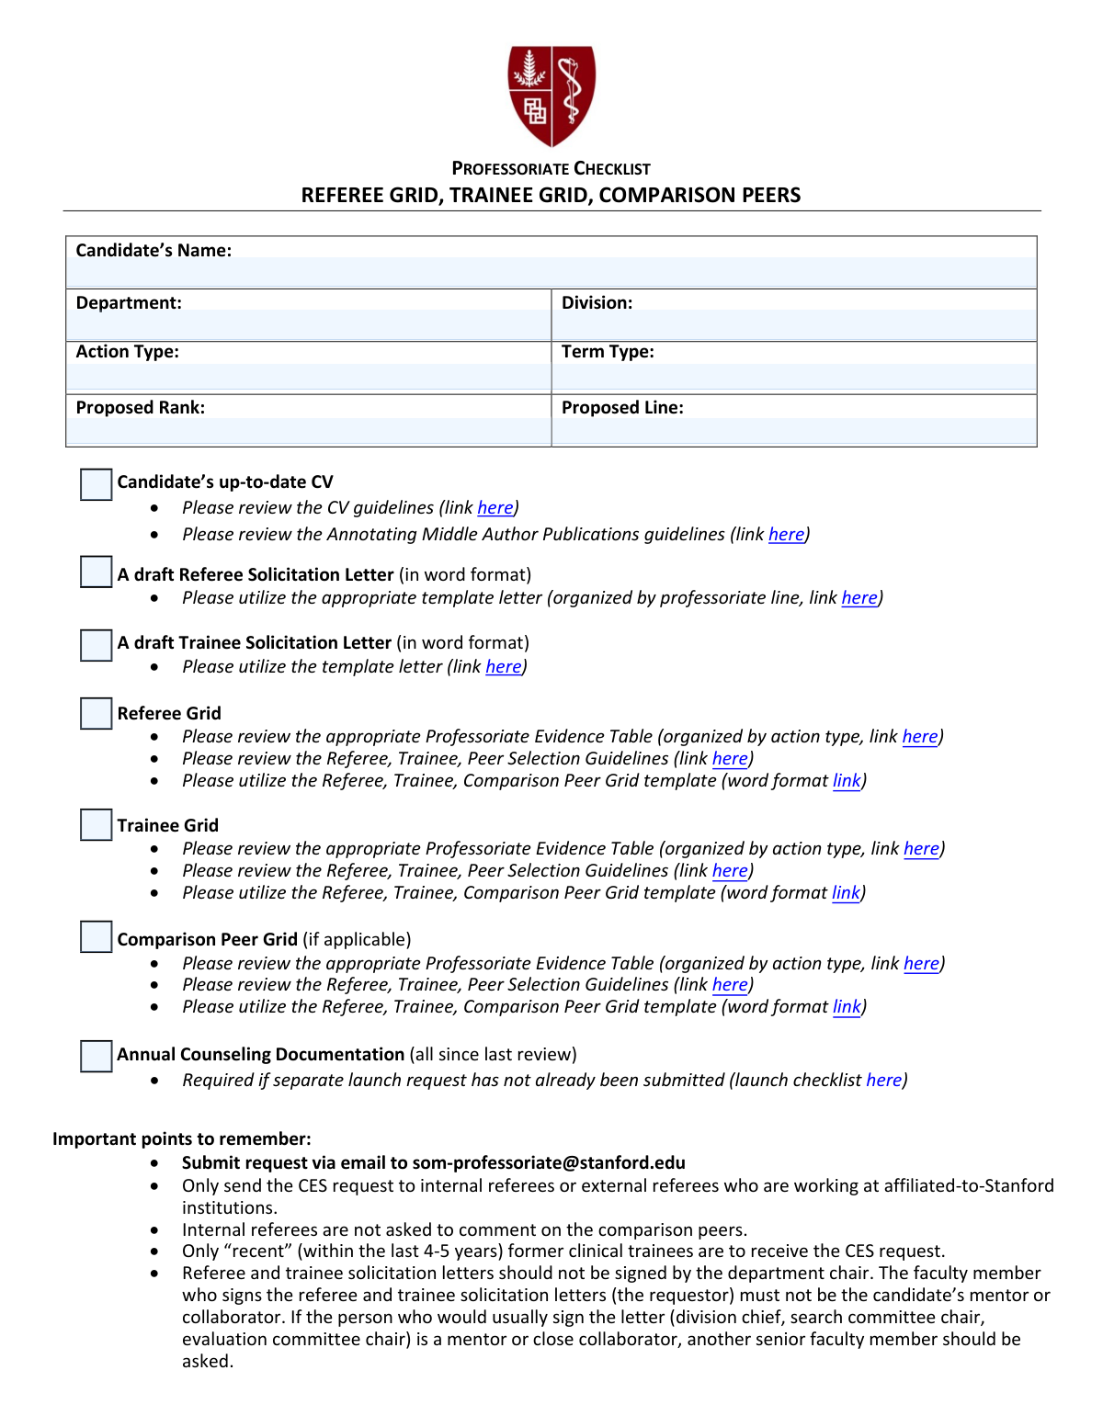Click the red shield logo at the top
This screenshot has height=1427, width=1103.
point(551,96)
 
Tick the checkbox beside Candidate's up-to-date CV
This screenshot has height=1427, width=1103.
point(96,484)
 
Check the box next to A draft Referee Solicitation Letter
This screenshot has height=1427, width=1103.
point(96,572)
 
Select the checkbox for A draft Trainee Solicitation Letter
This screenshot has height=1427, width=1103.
point(96,645)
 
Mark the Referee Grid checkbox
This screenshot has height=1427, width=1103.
point(96,713)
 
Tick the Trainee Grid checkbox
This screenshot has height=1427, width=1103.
point(96,824)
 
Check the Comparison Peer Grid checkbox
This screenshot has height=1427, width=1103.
point(96,937)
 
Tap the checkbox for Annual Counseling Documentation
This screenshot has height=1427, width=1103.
point(96,1056)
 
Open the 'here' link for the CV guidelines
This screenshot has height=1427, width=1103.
point(495,508)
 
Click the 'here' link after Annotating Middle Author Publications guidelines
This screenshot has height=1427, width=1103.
point(786,535)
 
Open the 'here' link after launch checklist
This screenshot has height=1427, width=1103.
point(884,1081)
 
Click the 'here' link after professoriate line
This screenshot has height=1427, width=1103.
point(859,598)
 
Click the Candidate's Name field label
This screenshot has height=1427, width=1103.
point(154,251)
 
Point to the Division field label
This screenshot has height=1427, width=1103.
point(597,303)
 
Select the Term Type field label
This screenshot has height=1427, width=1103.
point(608,352)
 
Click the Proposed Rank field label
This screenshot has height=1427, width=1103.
point(141,408)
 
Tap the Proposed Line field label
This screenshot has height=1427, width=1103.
point(622,408)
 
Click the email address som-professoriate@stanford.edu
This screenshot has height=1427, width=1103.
point(549,1163)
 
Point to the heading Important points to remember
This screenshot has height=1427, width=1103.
point(182,1139)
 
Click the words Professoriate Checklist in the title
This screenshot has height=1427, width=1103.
point(551,169)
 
